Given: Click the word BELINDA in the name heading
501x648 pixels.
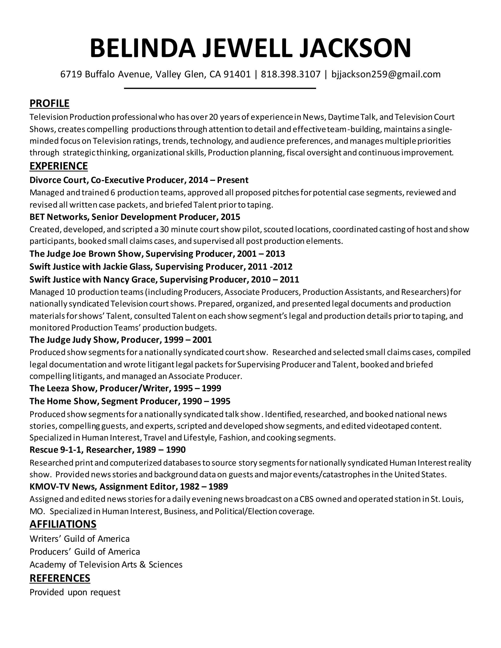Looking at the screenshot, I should point(143,48).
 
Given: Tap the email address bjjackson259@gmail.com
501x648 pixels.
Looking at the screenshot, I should point(386,74).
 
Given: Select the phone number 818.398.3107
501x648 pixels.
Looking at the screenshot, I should point(291,74).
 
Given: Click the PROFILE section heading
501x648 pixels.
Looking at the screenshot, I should point(50,103).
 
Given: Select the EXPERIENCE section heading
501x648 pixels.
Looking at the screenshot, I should point(59,166).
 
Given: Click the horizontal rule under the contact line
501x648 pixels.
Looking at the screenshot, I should point(220,88).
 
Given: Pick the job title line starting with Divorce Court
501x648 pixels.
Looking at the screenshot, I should point(139,180).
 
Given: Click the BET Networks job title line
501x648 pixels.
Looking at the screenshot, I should point(135,217).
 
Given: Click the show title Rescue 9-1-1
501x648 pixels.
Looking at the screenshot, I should point(57,450).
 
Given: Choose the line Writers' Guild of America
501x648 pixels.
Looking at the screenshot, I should point(80,538).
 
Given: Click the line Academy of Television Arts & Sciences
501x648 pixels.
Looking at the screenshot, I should point(106,564).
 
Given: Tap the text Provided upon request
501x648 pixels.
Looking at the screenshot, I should point(75,592).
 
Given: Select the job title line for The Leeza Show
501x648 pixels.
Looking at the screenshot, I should point(125,388).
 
